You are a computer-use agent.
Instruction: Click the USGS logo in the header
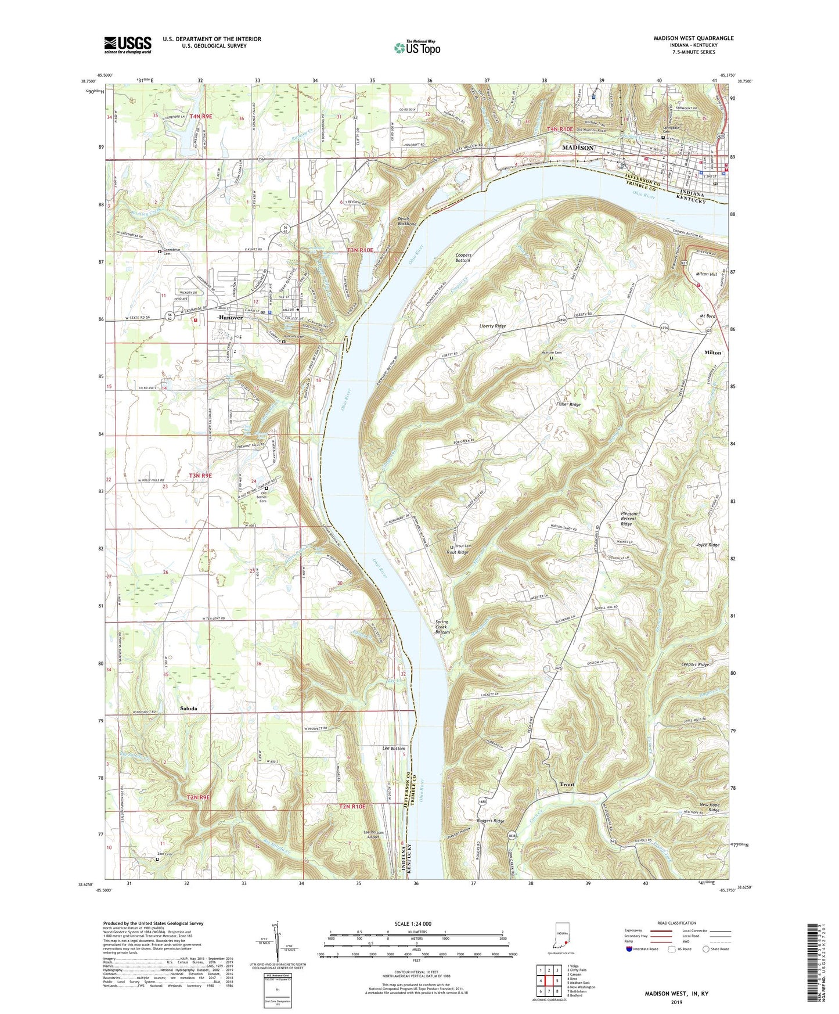click(128, 45)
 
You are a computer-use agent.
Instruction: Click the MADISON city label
click(578, 148)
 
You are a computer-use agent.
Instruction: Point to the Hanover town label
click(231, 318)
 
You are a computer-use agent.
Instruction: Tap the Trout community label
click(567, 784)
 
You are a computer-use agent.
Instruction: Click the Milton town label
click(712, 353)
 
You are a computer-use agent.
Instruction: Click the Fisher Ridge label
click(568, 404)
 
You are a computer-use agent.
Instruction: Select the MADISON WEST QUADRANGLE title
click(693, 38)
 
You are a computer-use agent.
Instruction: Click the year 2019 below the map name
click(676, 1002)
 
